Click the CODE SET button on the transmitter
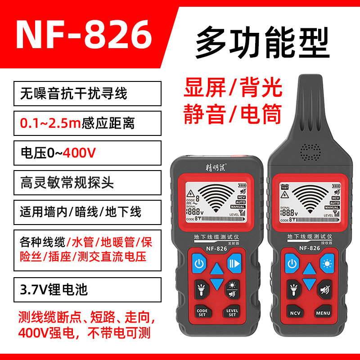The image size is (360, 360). coord(201,312)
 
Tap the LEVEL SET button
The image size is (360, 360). coord(232,312)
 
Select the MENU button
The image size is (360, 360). coord(323,312)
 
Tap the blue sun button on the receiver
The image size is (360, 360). coord(326,263)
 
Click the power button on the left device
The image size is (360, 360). coord(200,263)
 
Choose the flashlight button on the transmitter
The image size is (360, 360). coord(201,288)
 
